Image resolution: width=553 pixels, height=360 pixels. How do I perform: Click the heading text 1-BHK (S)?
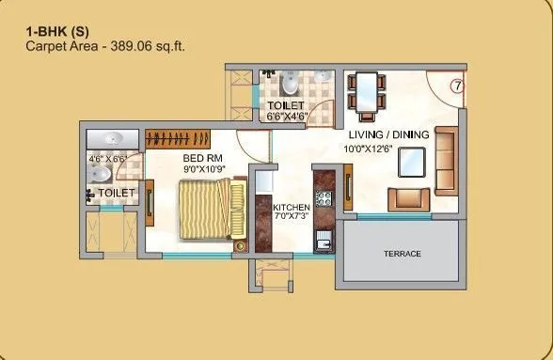(x=55, y=30)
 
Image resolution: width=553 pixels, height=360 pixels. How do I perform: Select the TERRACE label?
(x=402, y=254)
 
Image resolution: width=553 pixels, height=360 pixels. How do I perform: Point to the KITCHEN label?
(x=292, y=207)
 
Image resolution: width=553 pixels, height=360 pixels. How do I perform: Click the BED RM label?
(x=201, y=159)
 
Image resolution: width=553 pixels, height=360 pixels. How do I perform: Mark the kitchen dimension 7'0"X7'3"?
(x=292, y=217)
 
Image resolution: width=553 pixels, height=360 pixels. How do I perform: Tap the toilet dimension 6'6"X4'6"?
(x=287, y=117)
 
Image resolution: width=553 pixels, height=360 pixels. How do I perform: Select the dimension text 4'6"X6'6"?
(x=107, y=160)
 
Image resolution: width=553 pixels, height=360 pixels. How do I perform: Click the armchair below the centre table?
(x=409, y=198)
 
